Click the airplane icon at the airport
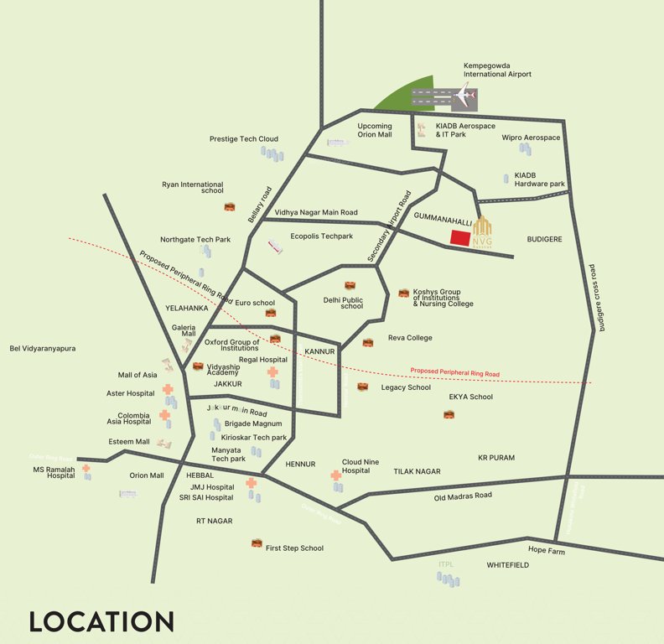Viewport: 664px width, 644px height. click(464, 98)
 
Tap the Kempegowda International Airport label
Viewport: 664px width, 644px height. click(497, 70)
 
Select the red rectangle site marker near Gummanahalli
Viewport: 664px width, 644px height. click(459, 237)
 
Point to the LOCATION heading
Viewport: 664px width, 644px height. click(101, 621)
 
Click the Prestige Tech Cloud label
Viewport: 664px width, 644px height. click(244, 139)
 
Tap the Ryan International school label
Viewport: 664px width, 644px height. click(193, 187)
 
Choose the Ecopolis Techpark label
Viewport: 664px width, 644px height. click(322, 236)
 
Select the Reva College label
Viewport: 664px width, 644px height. click(410, 338)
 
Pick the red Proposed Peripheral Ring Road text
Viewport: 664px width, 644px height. click(454, 372)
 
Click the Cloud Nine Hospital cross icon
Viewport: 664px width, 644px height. click(336, 475)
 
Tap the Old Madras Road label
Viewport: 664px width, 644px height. click(463, 496)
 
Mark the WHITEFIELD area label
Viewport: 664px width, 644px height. click(508, 565)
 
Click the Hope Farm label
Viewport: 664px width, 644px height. click(547, 551)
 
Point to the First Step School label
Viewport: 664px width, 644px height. click(294, 548)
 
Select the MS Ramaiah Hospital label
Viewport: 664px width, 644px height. click(54, 472)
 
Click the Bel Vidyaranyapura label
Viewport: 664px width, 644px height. click(43, 348)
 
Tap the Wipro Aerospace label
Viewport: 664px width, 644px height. click(531, 138)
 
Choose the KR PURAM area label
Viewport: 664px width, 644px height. click(496, 458)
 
